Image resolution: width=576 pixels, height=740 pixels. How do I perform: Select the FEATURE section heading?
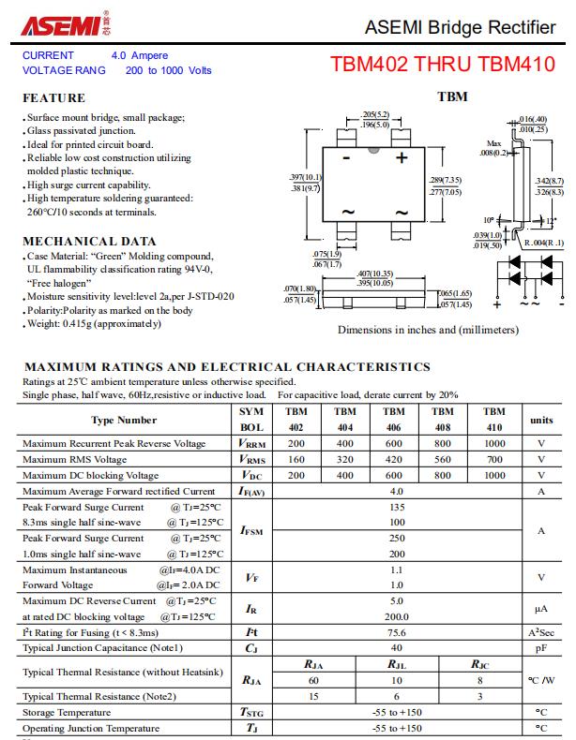pyautogui.click(x=53, y=97)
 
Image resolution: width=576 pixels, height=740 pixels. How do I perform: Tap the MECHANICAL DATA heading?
pyautogui.click(x=89, y=241)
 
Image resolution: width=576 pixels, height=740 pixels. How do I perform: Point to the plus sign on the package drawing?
pyautogui.click(x=402, y=158)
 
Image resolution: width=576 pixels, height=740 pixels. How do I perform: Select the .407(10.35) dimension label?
pyautogui.click(x=374, y=274)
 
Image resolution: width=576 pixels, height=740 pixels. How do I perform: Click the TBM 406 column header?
pyautogui.click(x=394, y=420)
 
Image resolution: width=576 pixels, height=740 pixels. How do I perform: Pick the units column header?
pyautogui.click(x=541, y=421)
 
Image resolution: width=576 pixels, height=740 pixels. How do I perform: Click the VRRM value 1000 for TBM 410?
pyautogui.click(x=493, y=443)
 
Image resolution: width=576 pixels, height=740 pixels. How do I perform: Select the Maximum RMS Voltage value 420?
pyautogui.click(x=394, y=459)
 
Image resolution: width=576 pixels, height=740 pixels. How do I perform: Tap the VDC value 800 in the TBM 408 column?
pyautogui.click(x=443, y=475)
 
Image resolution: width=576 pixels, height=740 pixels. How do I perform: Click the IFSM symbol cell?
pyautogui.click(x=251, y=530)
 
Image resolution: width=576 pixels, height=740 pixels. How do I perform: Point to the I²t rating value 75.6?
pyautogui.click(x=397, y=632)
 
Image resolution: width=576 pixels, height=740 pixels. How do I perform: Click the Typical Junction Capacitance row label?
pyautogui.click(x=102, y=648)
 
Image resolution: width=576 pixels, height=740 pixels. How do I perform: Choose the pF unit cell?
pyautogui.click(x=541, y=648)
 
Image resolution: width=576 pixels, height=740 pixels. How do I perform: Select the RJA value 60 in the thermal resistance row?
pyautogui.click(x=313, y=680)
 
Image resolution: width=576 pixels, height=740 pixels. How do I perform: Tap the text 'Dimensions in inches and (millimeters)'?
pyautogui.click(x=427, y=330)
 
